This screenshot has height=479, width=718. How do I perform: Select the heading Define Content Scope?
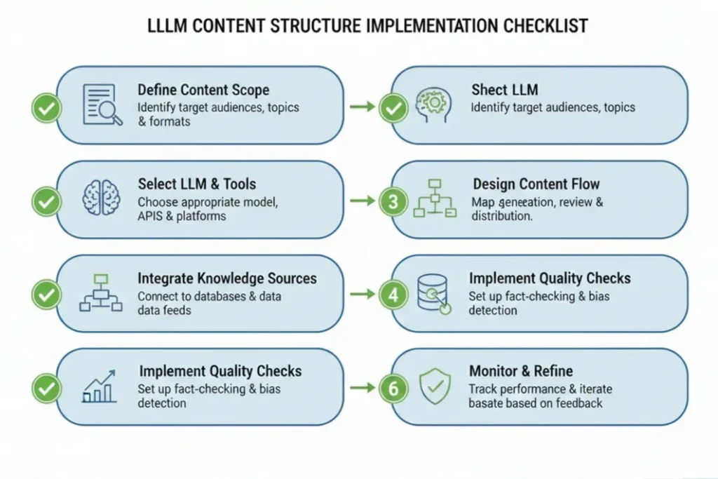click(x=203, y=90)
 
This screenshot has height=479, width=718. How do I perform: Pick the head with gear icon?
click(x=432, y=106)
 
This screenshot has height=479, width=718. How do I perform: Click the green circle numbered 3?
click(x=393, y=202)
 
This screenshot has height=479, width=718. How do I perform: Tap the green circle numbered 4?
click(x=393, y=295)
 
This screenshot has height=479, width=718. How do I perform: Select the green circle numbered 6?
click(x=393, y=389)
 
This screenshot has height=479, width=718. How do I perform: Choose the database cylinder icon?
click(x=433, y=293)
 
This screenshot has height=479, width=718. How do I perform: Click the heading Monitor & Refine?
click(x=521, y=371)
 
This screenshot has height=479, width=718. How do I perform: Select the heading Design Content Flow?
click(x=536, y=184)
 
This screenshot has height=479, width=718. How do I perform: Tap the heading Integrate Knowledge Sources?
click(x=227, y=278)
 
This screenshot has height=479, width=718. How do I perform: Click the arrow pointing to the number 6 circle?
click(x=362, y=387)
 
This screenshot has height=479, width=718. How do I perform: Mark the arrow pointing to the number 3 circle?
click(x=362, y=201)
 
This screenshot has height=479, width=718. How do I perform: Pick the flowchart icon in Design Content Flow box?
click(x=435, y=198)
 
